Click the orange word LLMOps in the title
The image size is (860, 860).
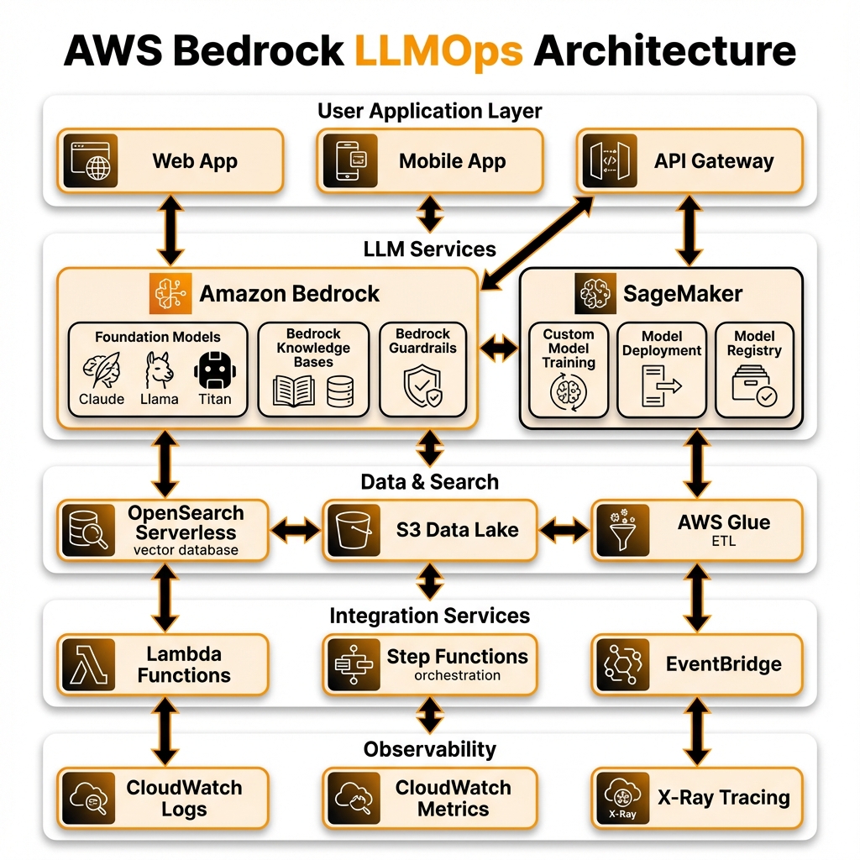(438, 51)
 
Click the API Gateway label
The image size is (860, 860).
(714, 161)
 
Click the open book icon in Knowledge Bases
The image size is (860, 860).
(293, 391)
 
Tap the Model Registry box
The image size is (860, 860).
(754, 370)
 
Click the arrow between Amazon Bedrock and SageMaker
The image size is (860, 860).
(498, 349)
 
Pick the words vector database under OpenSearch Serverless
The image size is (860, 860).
(186, 550)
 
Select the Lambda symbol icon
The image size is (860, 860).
(89, 663)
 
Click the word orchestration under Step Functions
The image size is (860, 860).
(457, 675)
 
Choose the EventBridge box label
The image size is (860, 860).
(723, 664)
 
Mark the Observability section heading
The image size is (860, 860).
(429, 748)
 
